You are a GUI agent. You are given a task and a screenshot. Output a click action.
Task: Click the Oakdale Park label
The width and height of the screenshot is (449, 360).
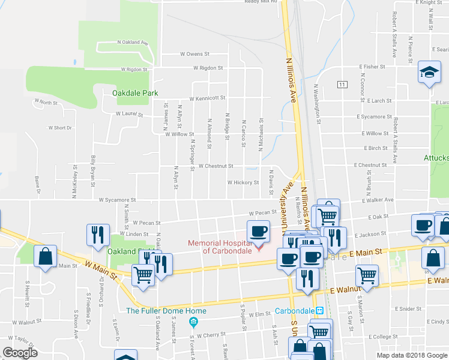pyautogui.click(x=135, y=93)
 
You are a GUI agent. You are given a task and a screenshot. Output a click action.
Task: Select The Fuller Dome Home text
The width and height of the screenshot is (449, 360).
pyautogui.click(x=166, y=311)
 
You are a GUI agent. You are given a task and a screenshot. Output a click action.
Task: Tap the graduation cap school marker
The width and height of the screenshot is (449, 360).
pyautogui.click(x=429, y=73)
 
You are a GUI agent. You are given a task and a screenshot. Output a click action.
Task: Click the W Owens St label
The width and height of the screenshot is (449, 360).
pyautogui.click(x=194, y=53)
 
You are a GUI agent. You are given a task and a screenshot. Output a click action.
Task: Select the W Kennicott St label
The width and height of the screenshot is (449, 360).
pyautogui.click(x=207, y=98)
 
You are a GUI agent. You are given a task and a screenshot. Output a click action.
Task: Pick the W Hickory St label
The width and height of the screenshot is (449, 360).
pyautogui.click(x=243, y=182)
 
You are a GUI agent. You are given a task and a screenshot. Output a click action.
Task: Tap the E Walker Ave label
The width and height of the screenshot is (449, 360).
pyautogui.click(x=378, y=200)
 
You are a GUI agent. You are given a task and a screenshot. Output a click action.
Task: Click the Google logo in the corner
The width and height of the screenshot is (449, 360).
pyautogui.click(x=20, y=353)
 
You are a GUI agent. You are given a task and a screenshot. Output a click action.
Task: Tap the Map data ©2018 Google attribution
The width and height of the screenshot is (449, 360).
pyautogui.click(x=411, y=355)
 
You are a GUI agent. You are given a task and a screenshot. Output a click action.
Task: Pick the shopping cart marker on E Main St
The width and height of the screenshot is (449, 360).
pyautogui.click(x=367, y=277)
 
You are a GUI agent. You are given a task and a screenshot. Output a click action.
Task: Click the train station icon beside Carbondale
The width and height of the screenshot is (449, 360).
pyautogui.click(x=321, y=311)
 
